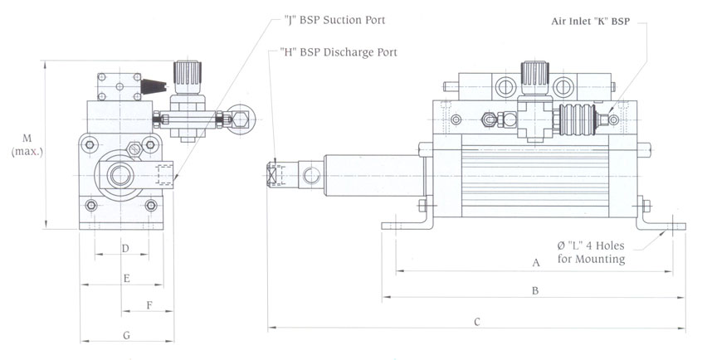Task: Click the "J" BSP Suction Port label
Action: point(334,21)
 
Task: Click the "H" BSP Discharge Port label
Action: point(339,52)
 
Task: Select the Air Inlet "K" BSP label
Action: point(590,22)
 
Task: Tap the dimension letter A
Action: point(536,262)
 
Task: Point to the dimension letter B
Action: point(535,290)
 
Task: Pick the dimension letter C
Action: point(477,323)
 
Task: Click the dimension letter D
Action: point(126,248)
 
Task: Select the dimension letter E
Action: point(127,278)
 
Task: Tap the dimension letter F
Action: point(149,305)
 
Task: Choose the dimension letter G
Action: point(127,335)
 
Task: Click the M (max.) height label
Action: point(27,145)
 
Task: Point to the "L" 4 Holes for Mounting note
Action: point(591,252)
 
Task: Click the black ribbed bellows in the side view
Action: point(577,119)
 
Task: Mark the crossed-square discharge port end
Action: point(272,175)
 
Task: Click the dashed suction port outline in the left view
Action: point(164,175)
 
